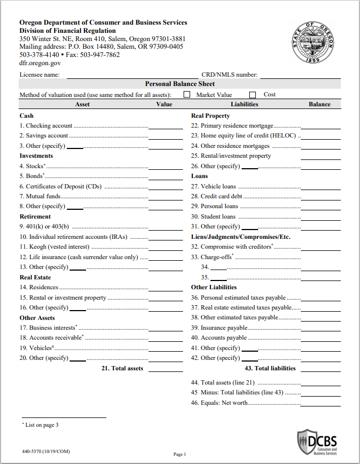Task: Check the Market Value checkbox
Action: coord(187,95)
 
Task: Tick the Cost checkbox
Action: coord(253,95)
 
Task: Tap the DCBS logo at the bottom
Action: coord(317,442)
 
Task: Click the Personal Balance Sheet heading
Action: coord(180,84)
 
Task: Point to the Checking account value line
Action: coord(165,128)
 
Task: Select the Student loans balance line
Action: coord(321,219)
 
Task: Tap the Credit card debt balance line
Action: coord(321,198)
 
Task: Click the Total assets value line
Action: coord(165,371)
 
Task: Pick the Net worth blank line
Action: coord(321,405)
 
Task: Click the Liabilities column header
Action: coord(244,104)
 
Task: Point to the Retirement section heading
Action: coord(35,216)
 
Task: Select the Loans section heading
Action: coord(199,176)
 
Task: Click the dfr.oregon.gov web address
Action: coord(40,63)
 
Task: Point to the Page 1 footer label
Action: coord(180,454)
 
